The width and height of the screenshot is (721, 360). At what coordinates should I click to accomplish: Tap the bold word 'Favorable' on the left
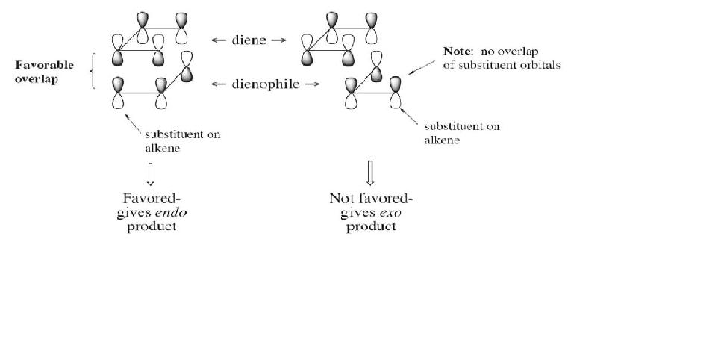coord(45,66)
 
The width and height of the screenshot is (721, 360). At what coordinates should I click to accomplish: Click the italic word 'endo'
coord(173,212)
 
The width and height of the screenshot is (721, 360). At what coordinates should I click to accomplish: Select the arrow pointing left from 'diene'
coord(219,40)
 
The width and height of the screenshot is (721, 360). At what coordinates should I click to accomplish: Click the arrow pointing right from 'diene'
coord(278,40)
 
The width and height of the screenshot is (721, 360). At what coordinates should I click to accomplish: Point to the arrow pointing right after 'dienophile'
coord(313,84)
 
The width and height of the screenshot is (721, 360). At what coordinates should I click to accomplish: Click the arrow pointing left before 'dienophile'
coord(219,84)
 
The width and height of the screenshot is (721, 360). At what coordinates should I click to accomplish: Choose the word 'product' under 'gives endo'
coord(151,226)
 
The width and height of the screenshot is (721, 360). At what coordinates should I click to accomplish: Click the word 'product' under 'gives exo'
coord(370,226)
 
